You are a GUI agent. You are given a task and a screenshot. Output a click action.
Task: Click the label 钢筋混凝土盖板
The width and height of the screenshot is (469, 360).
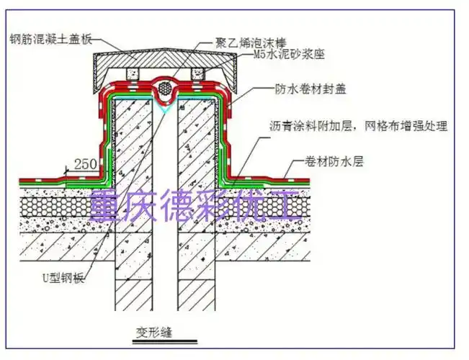[50, 38]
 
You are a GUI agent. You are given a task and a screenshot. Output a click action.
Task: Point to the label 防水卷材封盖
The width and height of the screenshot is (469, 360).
[300, 89]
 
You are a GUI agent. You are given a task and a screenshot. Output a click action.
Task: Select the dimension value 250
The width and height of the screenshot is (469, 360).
[84, 164]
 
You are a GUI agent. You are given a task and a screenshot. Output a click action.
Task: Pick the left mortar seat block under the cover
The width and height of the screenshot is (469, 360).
[131, 74]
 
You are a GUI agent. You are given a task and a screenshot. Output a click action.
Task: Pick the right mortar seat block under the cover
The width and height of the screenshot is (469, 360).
[198, 74]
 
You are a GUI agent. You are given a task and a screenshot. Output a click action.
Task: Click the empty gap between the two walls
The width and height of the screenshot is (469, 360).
[165, 216]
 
